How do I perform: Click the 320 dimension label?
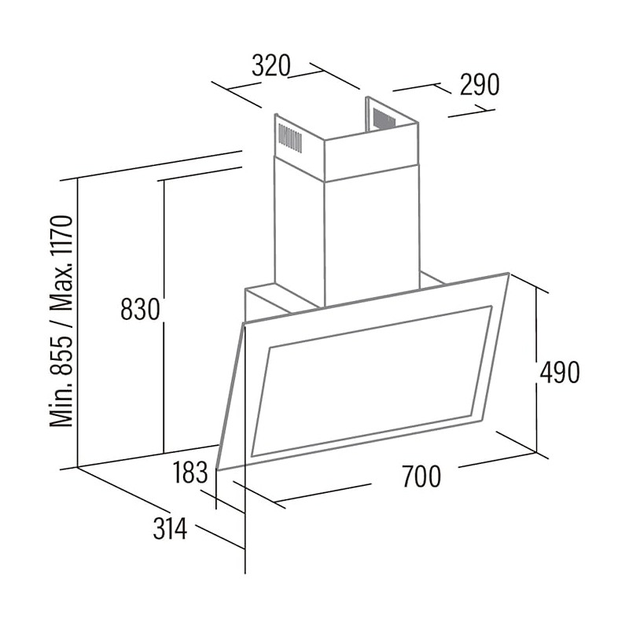(270, 66)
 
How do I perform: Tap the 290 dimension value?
(480, 85)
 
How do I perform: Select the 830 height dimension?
(141, 309)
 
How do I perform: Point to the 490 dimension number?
(560, 372)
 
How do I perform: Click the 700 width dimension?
(421, 476)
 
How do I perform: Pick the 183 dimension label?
(190, 473)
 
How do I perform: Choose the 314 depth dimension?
(170, 528)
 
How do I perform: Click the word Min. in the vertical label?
(61, 403)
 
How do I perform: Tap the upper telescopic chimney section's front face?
(372, 153)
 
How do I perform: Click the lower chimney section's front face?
(372, 240)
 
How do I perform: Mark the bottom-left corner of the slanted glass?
(217, 469)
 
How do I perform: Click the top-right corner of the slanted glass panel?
(509, 274)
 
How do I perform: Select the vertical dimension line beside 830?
(164, 317)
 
